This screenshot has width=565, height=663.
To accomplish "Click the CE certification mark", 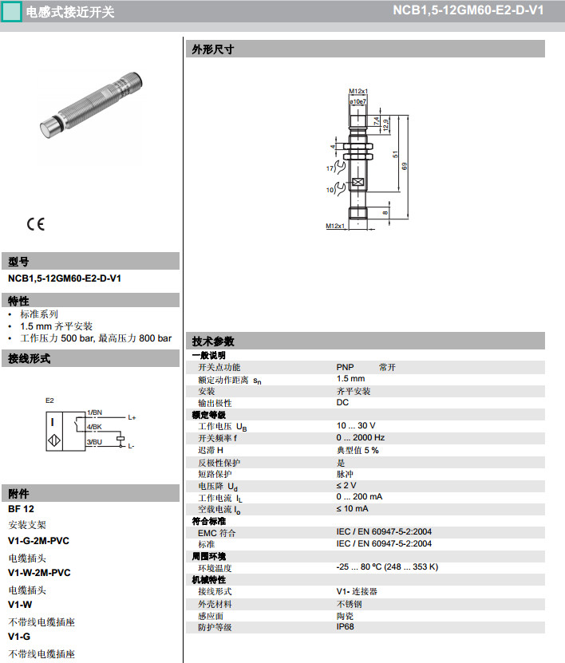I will coord(36,224).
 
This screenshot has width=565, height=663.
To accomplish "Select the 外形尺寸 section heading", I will coord(212,49).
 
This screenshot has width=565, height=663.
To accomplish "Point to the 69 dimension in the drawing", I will coord(405,166).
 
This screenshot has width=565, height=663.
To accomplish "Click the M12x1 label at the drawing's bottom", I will coord(335,226).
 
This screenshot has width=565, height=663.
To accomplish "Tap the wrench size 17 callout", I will coord(329,169).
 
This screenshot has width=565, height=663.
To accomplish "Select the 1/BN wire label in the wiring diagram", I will coord(94,412).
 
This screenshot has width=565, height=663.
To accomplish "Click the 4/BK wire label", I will coord(94,429).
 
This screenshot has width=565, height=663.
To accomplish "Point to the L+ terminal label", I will coord(132,418).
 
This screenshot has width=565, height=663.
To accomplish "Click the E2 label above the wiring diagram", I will coord(49,400).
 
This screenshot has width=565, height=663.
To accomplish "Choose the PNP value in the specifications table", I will coord(345,367).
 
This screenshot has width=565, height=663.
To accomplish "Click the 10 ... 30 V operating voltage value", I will coord(356,426).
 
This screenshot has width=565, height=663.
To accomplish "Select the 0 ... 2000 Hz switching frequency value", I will coord(361,438).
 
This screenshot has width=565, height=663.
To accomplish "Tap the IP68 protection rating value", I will coord(346,627).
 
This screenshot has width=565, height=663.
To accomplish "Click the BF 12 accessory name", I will coord(21,508).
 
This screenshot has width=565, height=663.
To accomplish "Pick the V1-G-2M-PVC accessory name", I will coord(38,540).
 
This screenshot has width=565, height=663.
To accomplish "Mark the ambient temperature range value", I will coord(388,567).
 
